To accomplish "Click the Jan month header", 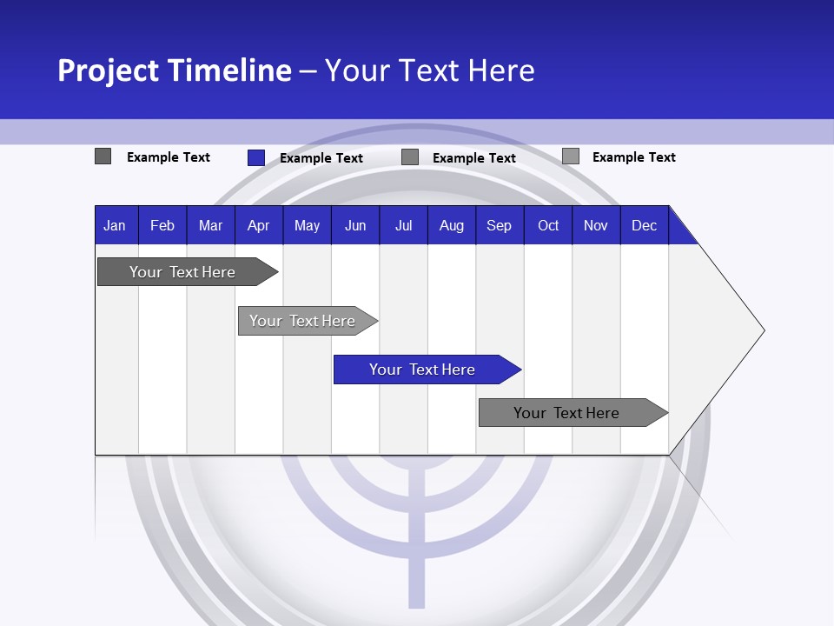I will tap(116, 225).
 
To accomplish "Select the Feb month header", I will tap(162, 225).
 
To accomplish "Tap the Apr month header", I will tap(258, 225).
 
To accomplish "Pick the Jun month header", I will tap(355, 225).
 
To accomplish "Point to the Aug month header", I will tap(452, 225).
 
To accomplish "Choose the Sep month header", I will tap(500, 225).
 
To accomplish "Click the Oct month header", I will tap(548, 225).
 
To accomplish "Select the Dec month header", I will tap(644, 225).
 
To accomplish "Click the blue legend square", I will tap(256, 157).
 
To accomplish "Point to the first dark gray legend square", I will tap(103, 156).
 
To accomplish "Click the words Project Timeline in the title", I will tap(174, 70).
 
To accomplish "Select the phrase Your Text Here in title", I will tap(429, 70).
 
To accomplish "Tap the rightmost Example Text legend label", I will tap(633, 157).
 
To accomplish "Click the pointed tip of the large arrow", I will tap(761, 330).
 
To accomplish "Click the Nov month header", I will tap(596, 225).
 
